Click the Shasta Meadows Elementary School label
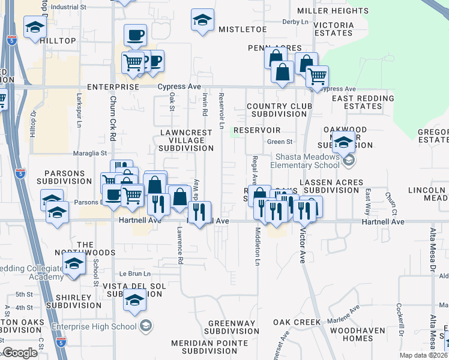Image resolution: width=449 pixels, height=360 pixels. (305, 161)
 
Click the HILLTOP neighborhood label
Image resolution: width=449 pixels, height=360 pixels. (58, 41)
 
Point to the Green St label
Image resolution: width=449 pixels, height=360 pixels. (279, 142)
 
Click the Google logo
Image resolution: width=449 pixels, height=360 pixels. (20, 352)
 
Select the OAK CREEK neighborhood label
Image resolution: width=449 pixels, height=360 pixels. (297, 322)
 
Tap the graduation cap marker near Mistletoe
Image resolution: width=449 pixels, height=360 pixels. (203, 20)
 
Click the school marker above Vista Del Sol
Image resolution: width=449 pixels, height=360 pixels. (135, 301)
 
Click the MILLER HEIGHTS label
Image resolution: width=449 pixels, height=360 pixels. (333, 11)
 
